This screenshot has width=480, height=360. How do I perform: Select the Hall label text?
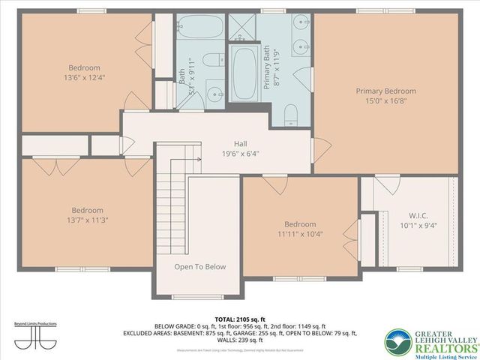pos(240,142)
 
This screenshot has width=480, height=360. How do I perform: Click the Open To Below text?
pos(199,267)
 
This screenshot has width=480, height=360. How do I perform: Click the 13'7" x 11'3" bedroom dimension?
pos(87,220)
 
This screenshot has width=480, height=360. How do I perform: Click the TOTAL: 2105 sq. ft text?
pos(240,319)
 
